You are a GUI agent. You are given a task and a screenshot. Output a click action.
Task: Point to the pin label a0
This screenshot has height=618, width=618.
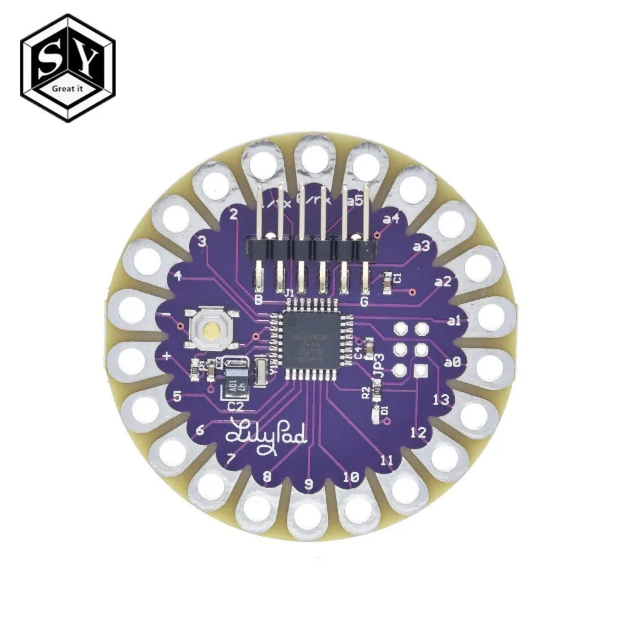(x=452, y=364)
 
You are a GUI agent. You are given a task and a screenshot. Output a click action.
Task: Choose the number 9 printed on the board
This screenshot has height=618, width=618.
(x=309, y=483)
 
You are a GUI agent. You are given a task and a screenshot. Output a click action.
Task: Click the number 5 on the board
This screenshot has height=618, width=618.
(x=177, y=397)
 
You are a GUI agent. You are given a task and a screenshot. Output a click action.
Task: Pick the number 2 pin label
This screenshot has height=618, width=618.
(x=234, y=214)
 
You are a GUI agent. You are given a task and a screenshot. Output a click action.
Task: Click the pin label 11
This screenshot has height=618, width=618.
(x=387, y=460)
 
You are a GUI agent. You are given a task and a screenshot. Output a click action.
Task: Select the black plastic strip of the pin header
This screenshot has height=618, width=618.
(x=311, y=249)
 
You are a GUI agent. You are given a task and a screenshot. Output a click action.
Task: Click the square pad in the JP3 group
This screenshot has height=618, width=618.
(x=421, y=370)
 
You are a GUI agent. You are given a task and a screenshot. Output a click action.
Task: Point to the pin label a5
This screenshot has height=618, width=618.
(x=355, y=200)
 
